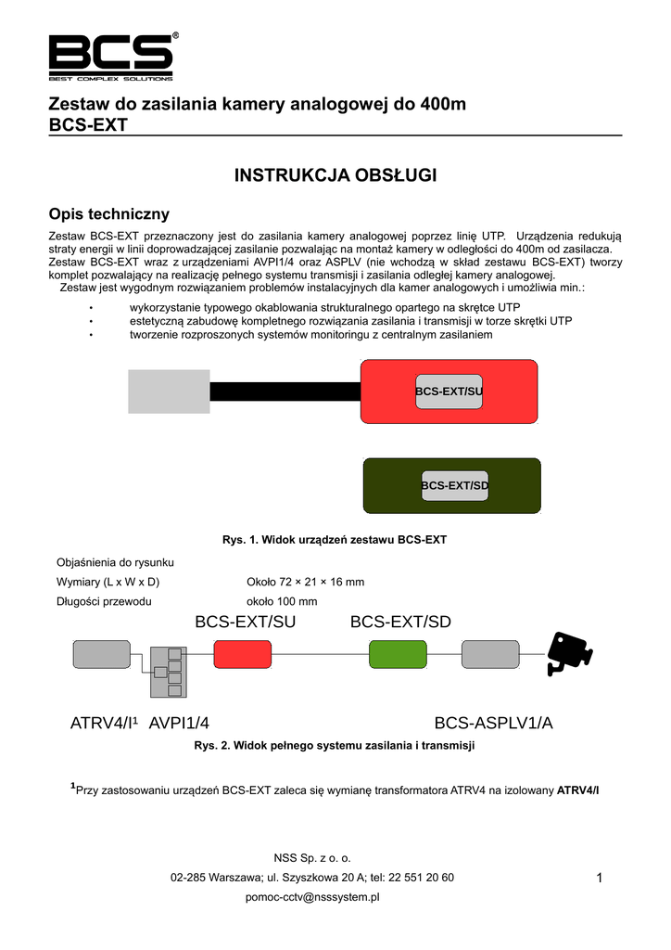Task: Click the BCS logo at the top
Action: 111,58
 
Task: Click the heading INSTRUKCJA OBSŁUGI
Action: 335,175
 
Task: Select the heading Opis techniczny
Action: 108,214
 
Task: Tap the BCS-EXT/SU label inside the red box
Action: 449,392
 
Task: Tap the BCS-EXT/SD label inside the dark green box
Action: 454,485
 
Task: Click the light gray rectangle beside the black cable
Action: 169,392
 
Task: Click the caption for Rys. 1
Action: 335,539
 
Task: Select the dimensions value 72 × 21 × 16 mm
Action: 305,582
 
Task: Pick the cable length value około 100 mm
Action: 282,601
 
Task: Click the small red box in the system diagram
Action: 243,654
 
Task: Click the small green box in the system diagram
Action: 398,654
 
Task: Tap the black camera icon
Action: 567,653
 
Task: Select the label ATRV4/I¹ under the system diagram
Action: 104,723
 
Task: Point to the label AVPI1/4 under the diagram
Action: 184,723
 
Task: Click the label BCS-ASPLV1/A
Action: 493,723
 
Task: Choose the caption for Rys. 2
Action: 335,745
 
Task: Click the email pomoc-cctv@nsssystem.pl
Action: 312,897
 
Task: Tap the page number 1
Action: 601,879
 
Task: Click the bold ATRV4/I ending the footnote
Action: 578,790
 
